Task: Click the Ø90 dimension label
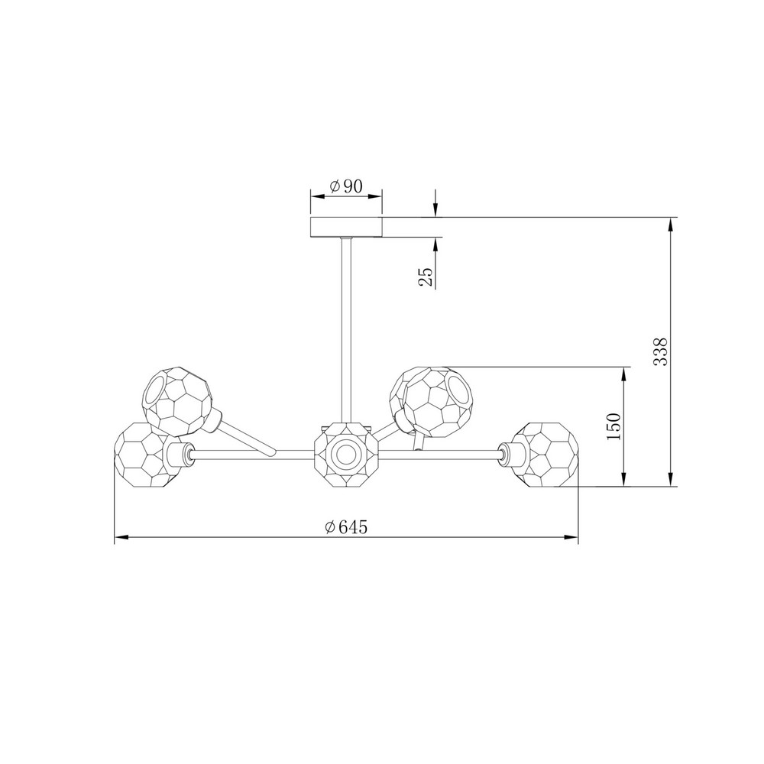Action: click(x=346, y=186)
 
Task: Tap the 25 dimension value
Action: click(x=426, y=277)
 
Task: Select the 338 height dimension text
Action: click(x=660, y=351)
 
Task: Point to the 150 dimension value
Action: click(x=615, y=426)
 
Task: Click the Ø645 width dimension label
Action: click(x=346, y=526)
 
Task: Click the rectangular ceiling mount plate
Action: click(x=346, y=227)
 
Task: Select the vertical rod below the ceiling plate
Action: click(x=346, y=330)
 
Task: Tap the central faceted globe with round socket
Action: click(x=346, y=455)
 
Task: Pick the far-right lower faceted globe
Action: click(x=545, y=454)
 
